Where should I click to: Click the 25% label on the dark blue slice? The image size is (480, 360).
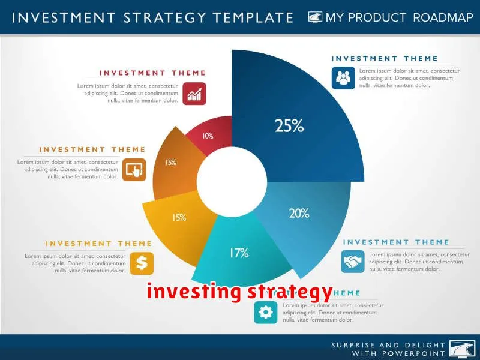pos(289,126)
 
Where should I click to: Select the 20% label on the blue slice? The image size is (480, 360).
pos(298,213)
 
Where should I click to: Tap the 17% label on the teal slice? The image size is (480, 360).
pos(238,253)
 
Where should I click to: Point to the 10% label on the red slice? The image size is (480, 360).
pos(208,136)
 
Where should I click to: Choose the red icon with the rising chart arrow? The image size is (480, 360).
pos(194,94)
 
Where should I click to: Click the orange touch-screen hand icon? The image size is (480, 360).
pos(134,169)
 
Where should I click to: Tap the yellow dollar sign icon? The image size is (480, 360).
pos(142,263)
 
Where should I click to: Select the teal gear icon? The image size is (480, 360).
pos(265,312)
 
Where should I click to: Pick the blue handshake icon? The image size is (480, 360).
pos(353,261)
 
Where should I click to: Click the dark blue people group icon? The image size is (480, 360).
pos(344,78)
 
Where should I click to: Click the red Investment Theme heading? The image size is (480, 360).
pos(152,73)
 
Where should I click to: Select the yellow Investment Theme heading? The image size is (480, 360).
pos(99,244)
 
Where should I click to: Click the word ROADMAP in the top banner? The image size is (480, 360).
pos(443,17)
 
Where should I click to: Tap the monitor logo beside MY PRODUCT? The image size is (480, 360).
pos(316,17)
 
